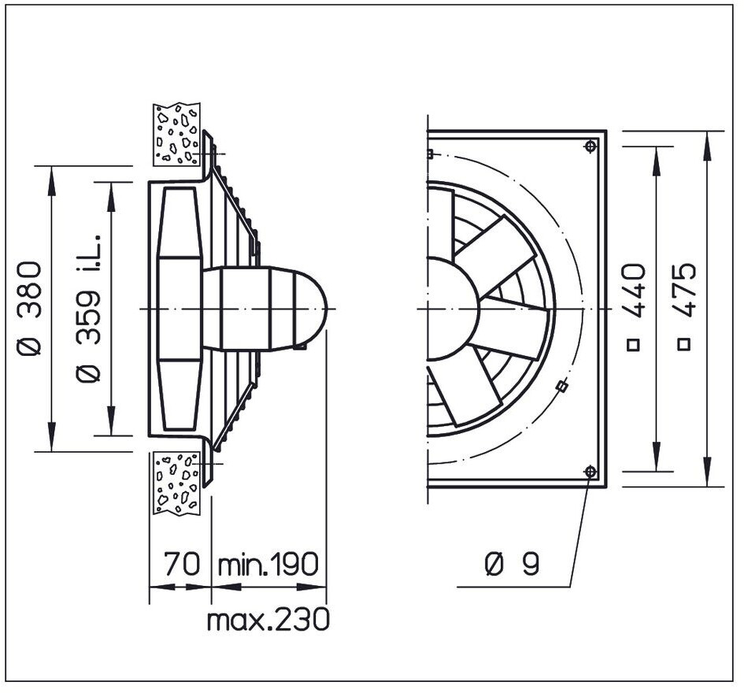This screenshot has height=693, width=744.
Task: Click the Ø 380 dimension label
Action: point(28,308)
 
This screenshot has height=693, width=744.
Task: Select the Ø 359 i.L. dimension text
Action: point(88,308)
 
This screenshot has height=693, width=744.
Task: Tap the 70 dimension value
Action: point(182,564)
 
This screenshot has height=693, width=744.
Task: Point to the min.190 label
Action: point(268,564)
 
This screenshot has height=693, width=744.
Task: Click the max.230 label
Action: point(268,620)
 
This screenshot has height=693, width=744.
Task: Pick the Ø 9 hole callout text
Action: point(512,564)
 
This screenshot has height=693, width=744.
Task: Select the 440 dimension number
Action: point(635,291)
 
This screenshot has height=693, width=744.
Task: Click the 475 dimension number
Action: point(685,290)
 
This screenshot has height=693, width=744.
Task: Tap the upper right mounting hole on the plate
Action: point(590,146)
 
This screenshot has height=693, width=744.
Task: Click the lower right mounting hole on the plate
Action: point(590,472)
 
